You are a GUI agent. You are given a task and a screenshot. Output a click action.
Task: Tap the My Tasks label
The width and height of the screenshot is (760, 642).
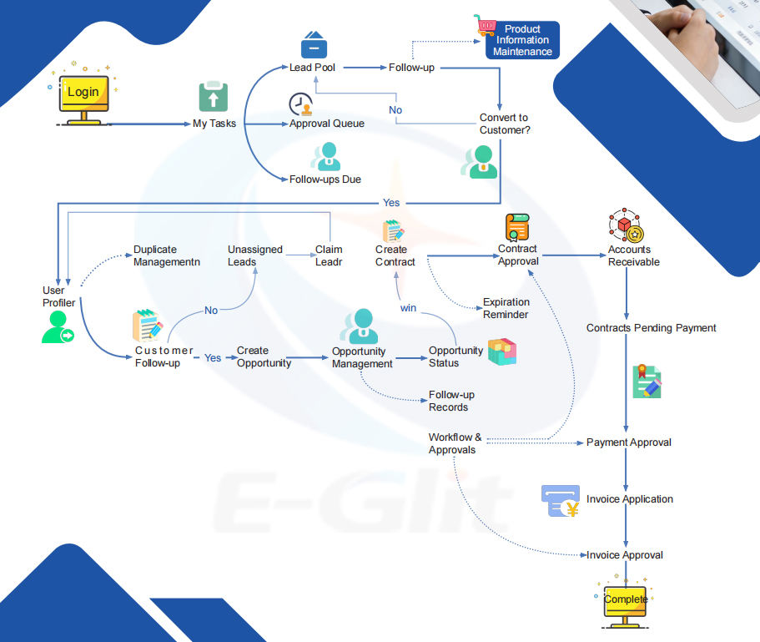[214, 124]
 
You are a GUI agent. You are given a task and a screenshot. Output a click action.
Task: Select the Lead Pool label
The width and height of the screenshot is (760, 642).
[312, 67]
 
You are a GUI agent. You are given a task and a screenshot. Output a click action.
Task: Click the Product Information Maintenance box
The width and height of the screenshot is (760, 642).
[522, 40]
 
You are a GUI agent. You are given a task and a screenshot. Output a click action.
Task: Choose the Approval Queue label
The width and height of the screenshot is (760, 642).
[326, 124]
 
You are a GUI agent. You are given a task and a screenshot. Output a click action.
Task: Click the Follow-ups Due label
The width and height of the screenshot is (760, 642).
[325, 179]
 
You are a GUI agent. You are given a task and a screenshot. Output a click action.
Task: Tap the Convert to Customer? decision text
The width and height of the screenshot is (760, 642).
[505, 124]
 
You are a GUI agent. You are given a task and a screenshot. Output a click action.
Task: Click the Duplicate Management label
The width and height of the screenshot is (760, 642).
[167, 255]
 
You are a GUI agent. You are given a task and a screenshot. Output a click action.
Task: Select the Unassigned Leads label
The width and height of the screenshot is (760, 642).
[255, 255]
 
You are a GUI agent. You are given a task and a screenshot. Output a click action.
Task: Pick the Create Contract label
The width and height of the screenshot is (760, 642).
[395, 255]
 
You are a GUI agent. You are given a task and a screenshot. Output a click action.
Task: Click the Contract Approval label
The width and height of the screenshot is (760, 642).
[518, 255]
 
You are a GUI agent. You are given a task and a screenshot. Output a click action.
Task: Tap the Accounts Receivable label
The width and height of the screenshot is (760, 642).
[633, 255]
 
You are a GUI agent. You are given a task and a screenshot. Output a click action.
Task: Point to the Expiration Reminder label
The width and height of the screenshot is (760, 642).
[506, 308]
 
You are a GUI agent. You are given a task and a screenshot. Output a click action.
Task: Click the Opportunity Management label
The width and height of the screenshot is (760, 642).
[362, 357]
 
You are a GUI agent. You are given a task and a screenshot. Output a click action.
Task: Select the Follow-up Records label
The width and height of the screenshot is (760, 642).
[451, 401]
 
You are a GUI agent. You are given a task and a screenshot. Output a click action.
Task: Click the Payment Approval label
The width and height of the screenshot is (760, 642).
[628, 442]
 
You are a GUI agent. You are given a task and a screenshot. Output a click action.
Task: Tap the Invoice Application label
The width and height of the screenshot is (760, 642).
[629, 499]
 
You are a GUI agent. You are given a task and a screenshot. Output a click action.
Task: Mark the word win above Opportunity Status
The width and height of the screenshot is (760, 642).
[408, 308]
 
